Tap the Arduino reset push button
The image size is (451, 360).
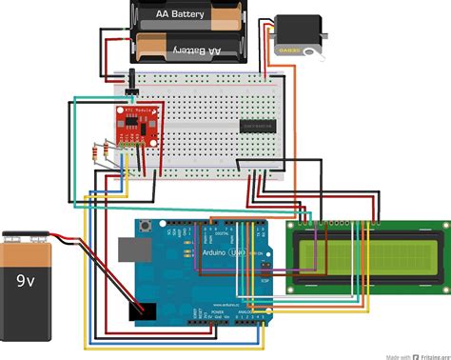(x=146, y=228)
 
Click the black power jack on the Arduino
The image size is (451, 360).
(x=143, y=310)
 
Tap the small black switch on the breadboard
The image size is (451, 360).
(x=130, y=96)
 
